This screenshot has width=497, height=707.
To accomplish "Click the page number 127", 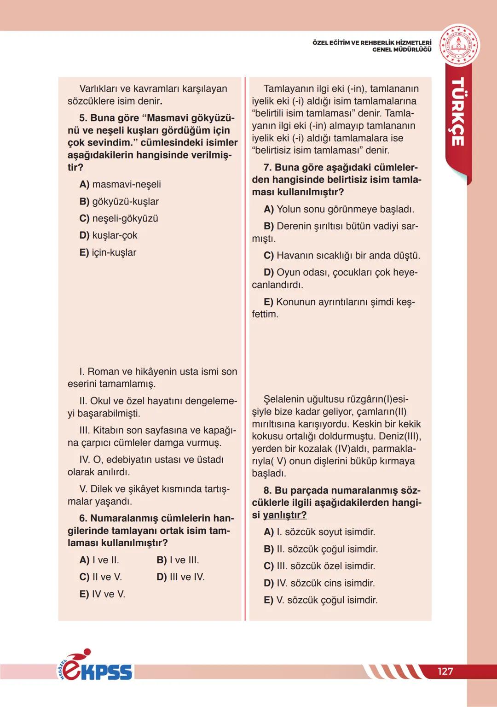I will (445, 671).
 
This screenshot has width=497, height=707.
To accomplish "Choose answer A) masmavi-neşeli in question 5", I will (120, 184).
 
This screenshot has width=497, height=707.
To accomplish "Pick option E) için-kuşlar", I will (108, 252).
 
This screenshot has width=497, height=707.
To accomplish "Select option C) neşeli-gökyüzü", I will (119, 218).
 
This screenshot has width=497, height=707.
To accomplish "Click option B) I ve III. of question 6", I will (178, 560).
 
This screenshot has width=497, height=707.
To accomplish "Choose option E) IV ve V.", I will (102, 594).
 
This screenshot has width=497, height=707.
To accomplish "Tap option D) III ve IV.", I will (180, 577).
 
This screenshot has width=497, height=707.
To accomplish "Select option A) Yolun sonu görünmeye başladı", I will (339, 209).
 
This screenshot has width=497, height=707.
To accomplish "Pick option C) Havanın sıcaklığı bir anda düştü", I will (341, 255).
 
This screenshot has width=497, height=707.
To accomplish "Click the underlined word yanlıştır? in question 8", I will (284, 515).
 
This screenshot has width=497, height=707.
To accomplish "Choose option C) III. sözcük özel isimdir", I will (319, 566).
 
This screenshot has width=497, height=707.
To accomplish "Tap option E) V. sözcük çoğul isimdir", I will (320, 600).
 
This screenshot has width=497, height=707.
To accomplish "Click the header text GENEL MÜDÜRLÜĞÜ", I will (402, 50).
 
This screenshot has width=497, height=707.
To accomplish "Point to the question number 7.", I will (267, 168).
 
